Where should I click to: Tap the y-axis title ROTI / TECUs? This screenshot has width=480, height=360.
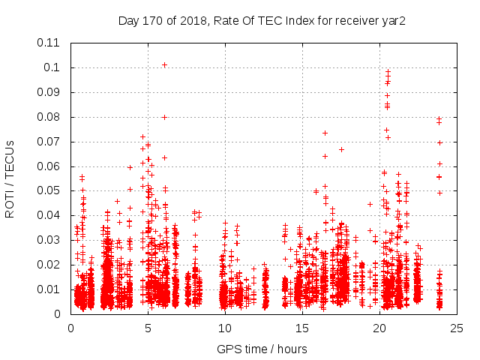coord(10,178)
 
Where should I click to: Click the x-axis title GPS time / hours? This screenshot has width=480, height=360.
coord(262,349)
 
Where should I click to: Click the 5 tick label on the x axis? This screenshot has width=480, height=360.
coord(148,328)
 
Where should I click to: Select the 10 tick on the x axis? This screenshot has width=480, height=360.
coord(225,328)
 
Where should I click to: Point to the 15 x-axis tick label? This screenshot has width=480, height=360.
coord(302,328)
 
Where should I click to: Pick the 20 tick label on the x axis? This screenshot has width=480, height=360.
coord(379,328)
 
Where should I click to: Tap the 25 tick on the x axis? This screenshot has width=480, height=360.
coord(457,328)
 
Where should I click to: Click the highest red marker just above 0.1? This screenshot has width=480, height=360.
coord(164,64)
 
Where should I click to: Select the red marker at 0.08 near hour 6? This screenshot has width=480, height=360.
coord(164,117)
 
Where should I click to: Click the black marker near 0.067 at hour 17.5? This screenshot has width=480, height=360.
coord(341,149)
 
